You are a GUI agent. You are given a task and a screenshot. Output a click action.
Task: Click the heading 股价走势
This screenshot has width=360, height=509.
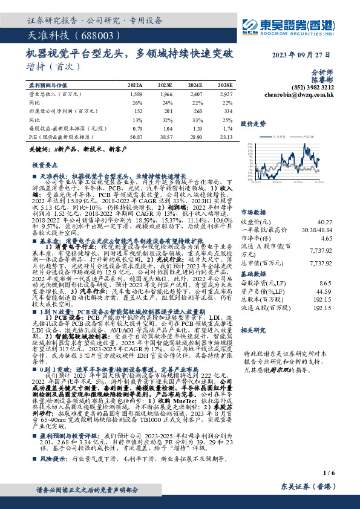pyautogui.click(x=254, y=123)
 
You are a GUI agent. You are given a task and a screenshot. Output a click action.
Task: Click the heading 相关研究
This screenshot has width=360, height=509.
pyautogui.click(x=254, y=330)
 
